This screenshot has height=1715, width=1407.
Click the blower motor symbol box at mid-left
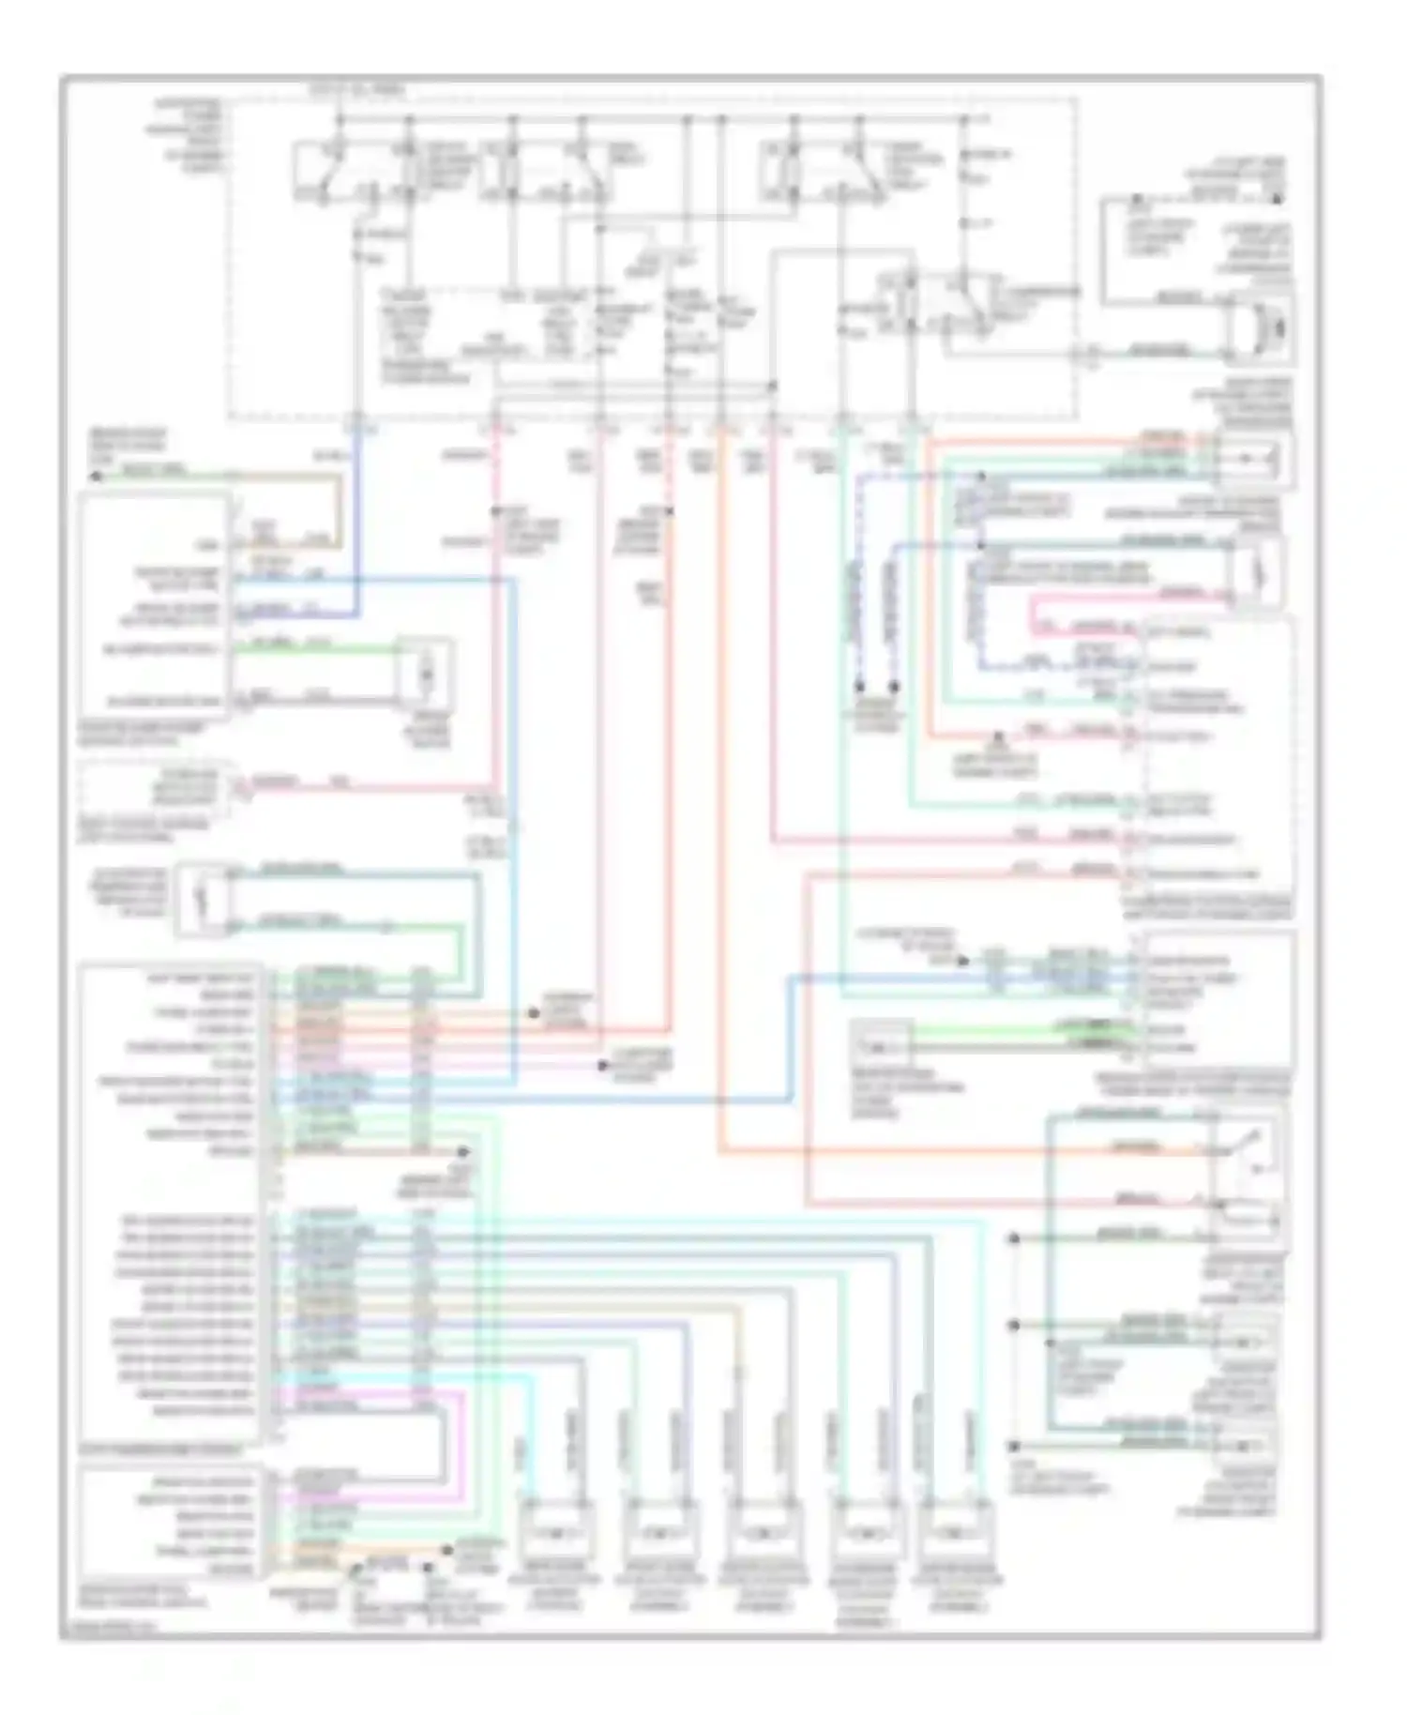pyautogui.click(x=425, y=675)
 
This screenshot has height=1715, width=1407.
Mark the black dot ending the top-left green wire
pyautogui.click(x=96, y=476)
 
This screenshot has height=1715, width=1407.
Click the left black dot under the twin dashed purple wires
pyautogui.click(x=860, y=688)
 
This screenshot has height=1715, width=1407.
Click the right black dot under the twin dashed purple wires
pyautogui.click(x=894, y=688)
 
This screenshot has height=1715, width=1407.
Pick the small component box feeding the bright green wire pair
pyautogui.click(x=882, y=1044)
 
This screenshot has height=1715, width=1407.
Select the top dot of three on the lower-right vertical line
pyautogui.click(x=1014, y=1238)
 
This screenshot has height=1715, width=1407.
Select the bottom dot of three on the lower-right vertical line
pyautogui.click(x=1014, y=1447)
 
